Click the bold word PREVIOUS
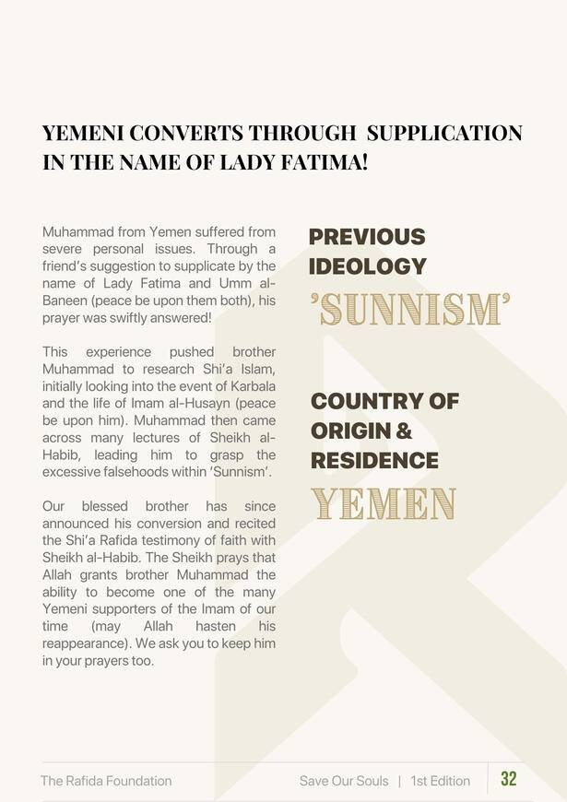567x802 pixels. coord(367,237)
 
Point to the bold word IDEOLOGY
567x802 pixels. coord(367,266)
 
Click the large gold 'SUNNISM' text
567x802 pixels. coord(410,311)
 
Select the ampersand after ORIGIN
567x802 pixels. coord(404,430)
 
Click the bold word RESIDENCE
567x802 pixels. coord(374,460)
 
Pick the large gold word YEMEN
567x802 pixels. coord(384,504)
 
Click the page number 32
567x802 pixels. coord(509,779)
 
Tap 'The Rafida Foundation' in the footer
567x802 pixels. coord(106,781)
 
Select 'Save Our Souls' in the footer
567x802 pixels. coord(344,781)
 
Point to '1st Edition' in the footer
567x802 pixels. coord(441,781)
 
